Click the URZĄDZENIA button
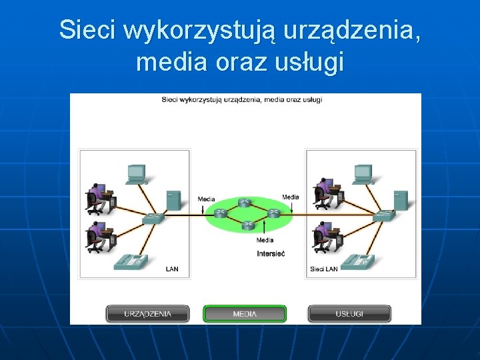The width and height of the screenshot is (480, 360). tap(147, 314)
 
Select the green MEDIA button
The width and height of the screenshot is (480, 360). tap(245, 314)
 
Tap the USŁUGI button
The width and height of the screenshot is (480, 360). tap(349, 314)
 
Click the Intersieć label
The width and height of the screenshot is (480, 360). tap(271, 254)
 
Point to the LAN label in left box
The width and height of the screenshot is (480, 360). tap(172, 269)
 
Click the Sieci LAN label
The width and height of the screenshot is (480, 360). tap(324, 269)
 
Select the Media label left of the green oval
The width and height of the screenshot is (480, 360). tap(207, 199)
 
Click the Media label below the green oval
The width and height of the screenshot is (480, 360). tap(265, 240)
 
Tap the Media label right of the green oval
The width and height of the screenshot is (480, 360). tap(291, 197)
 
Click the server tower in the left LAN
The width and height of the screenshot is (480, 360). tap(173, 200)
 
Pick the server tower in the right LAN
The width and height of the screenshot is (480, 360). tap(401, 200)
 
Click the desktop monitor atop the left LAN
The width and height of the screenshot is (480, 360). tap(137, 174)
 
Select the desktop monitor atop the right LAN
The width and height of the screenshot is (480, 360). tap(363, 174)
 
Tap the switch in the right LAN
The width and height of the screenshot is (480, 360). tap(383, 215)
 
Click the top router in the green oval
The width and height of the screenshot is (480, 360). tap(245, 203)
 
